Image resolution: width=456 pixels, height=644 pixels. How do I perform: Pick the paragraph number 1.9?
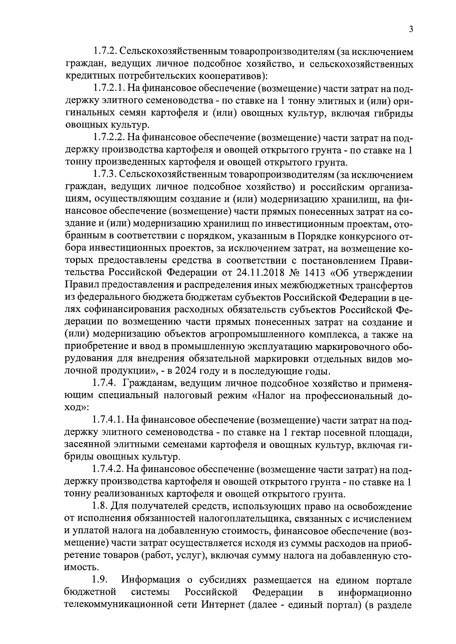click(x=100, y=581)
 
